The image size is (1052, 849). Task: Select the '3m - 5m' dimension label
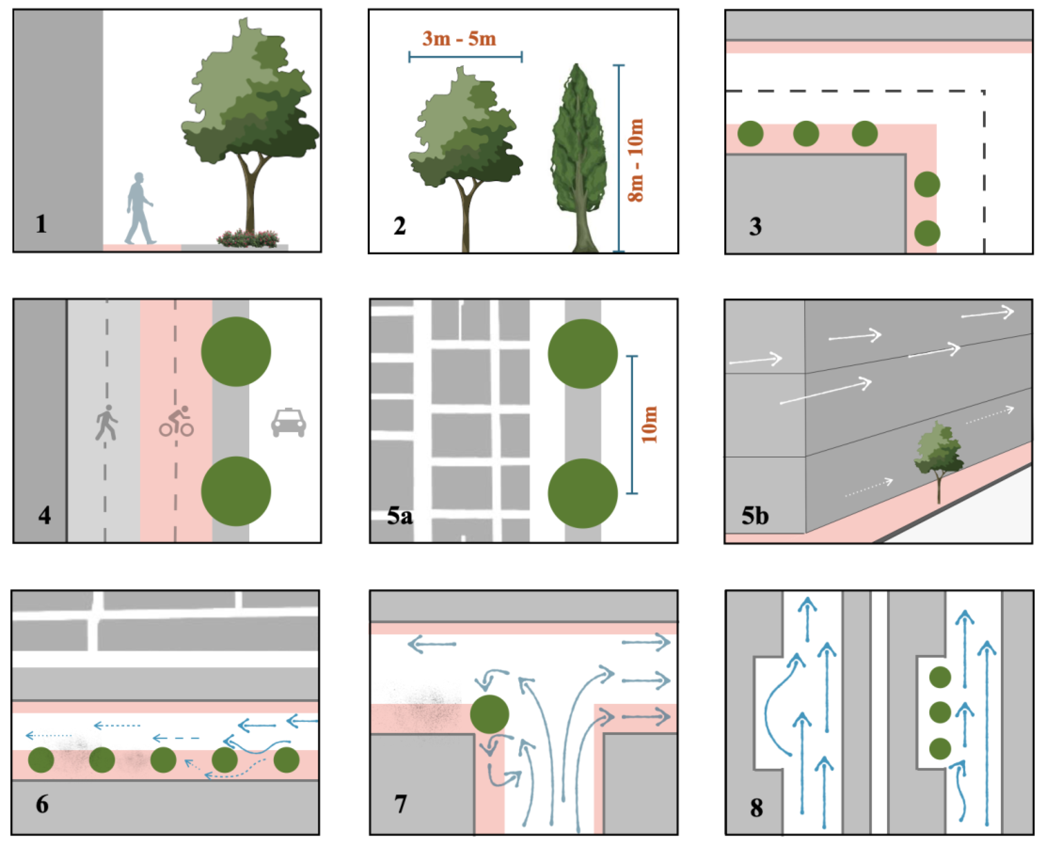tap(459, 39)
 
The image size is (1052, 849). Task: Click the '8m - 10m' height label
tap(636, 160)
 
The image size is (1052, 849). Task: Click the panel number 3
tap(755, 227)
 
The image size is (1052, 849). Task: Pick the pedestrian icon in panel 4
tap(107, 423)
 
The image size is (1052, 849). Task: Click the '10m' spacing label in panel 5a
tap(649, 424)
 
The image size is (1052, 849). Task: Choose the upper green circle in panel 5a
tap(582, 354)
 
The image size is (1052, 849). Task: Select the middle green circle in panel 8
tap(939, 712)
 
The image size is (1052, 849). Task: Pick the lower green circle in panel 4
tap(236, 491)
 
